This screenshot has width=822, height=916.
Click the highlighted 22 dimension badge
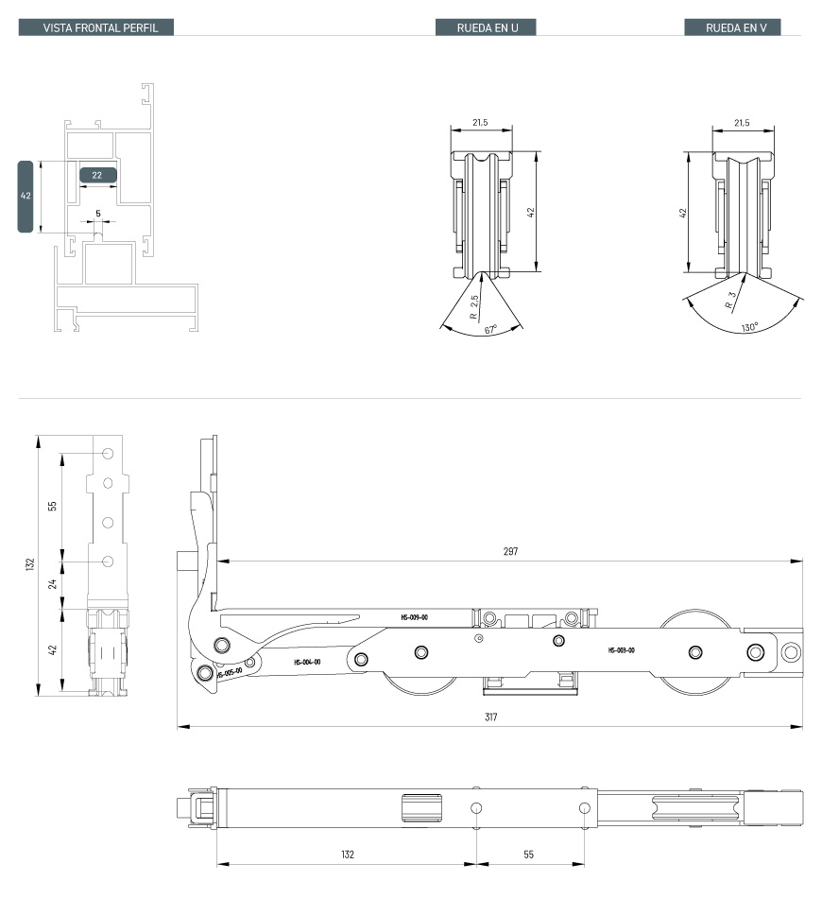click(x=98, y=175)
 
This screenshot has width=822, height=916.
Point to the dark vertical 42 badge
click(x=26, y=197)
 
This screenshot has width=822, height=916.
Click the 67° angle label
click(x=490, y=330)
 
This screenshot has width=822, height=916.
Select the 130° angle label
click(x=749, y=327)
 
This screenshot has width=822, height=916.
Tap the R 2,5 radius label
click(x=474, y=306)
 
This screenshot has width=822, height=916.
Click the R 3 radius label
click(x=730, y=301)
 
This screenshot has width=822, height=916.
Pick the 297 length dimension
click(x=510, y=551)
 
